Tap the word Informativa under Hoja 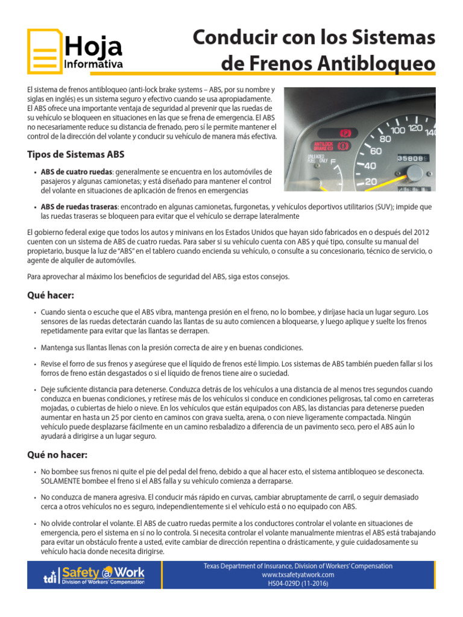point(93,64)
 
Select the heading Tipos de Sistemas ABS point(76,154)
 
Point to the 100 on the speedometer point(398,130)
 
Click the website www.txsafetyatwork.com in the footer point(298,575)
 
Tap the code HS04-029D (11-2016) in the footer point(298,584)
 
